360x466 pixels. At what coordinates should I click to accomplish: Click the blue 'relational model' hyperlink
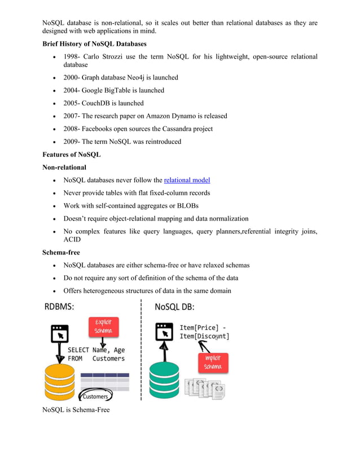187,180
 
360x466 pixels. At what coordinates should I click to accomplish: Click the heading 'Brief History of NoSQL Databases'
94,43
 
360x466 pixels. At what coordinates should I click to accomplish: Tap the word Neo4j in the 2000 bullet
139,77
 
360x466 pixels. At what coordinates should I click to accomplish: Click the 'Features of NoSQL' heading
71,155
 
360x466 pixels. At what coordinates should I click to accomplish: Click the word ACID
72,240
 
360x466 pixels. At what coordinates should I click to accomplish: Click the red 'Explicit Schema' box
103,327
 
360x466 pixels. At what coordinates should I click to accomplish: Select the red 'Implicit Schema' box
213,362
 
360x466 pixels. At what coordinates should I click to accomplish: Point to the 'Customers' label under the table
96,397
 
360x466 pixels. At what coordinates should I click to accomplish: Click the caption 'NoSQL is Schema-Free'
76,410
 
